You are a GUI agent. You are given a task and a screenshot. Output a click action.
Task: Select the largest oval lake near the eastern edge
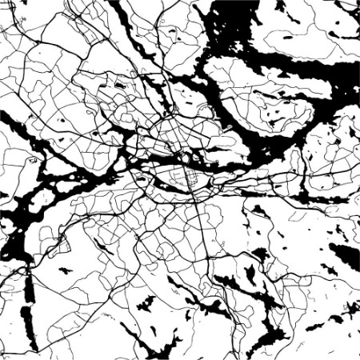[345, 256]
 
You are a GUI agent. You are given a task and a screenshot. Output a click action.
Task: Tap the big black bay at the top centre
[240, 32]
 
